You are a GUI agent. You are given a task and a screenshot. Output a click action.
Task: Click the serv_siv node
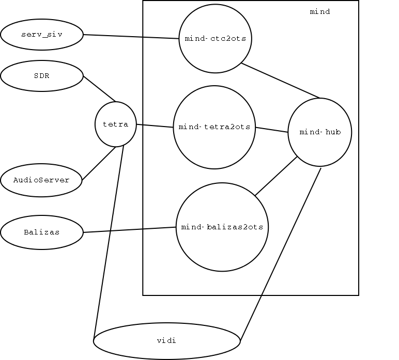coord(42,35)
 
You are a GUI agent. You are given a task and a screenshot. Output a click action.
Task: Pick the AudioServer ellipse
coord(42,180)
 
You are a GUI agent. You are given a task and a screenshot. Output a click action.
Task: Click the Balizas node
coord(42,232)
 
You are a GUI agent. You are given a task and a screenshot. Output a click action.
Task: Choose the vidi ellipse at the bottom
coord(167,341)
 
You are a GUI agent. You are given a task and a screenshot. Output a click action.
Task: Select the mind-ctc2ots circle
coord(215,39)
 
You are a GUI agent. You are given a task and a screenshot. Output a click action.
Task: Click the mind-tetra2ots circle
coord(214,127)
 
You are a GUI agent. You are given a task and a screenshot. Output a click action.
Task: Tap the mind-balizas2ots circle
coord(222,227)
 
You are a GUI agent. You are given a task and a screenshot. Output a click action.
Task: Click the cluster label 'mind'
coord(319,11)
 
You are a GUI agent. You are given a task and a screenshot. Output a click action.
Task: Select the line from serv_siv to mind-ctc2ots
coord(131,37)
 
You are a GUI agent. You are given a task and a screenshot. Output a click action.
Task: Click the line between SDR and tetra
coord(99,89)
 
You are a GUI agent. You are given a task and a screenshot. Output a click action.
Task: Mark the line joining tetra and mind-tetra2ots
coord(155,126)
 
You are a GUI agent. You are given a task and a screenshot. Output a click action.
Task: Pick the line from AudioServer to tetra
coord(99,164)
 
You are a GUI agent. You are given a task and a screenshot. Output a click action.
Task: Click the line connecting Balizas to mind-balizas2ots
coord(130,230)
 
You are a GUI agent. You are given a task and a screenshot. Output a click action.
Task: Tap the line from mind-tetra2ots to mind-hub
coord(272,130)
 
